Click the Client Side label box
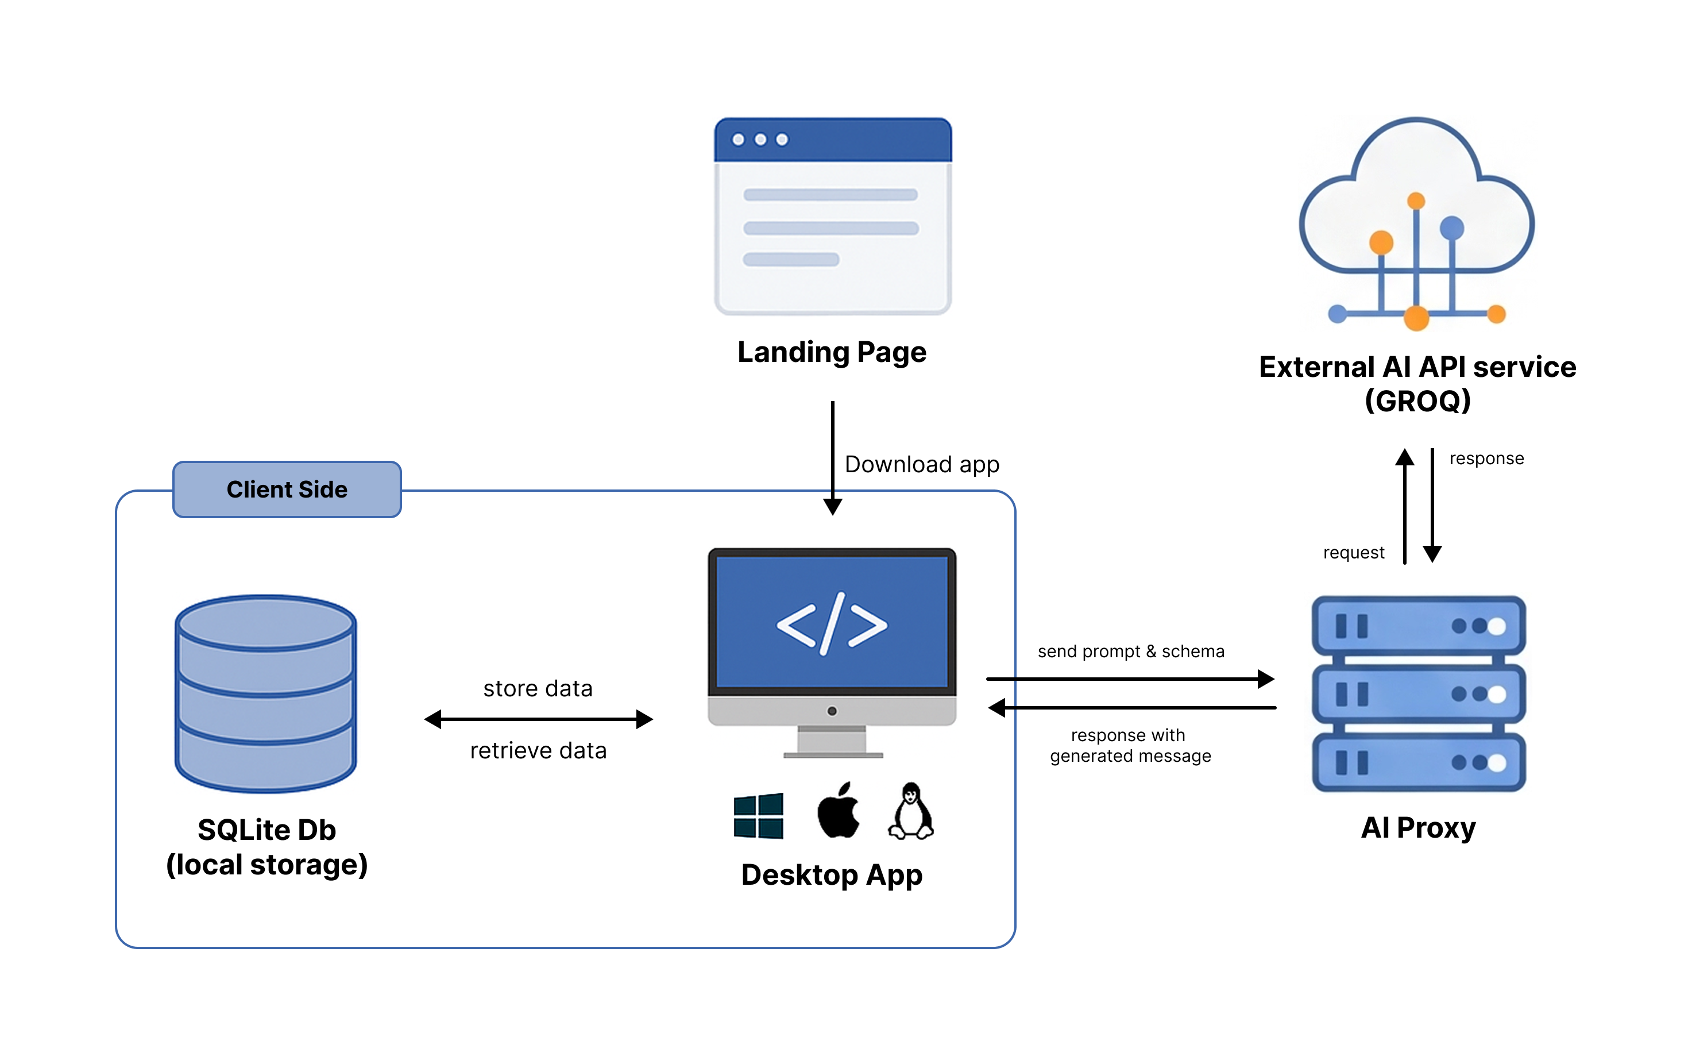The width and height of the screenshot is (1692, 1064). (x=287, y=489)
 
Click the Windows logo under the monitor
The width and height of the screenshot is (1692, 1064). (x=758, y=815)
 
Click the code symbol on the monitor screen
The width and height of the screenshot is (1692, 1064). (x=832, y=623)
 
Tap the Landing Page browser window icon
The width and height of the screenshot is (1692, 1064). (x=833, y=216)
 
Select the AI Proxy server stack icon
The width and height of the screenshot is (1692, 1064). (x=1418, y=693)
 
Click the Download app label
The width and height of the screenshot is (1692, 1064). (x=921, y=465)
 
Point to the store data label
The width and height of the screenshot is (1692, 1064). (x=538, y=689)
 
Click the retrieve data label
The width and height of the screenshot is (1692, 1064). (x=538, y=750)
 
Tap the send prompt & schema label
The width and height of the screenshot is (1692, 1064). (x=1130, y=651)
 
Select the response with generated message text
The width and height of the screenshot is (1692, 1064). (x=1130, y=746)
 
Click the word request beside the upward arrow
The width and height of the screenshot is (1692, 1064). (x=1353, y=553)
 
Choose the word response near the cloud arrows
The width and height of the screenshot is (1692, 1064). (x=1486, y=459)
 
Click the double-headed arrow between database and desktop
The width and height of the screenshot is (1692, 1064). (x=538, y=719)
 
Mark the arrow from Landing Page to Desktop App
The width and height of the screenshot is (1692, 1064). (x=833, y=457)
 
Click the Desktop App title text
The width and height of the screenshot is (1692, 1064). (x=832, y=875)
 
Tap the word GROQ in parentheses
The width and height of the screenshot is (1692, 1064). (x=1417, y=401)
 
